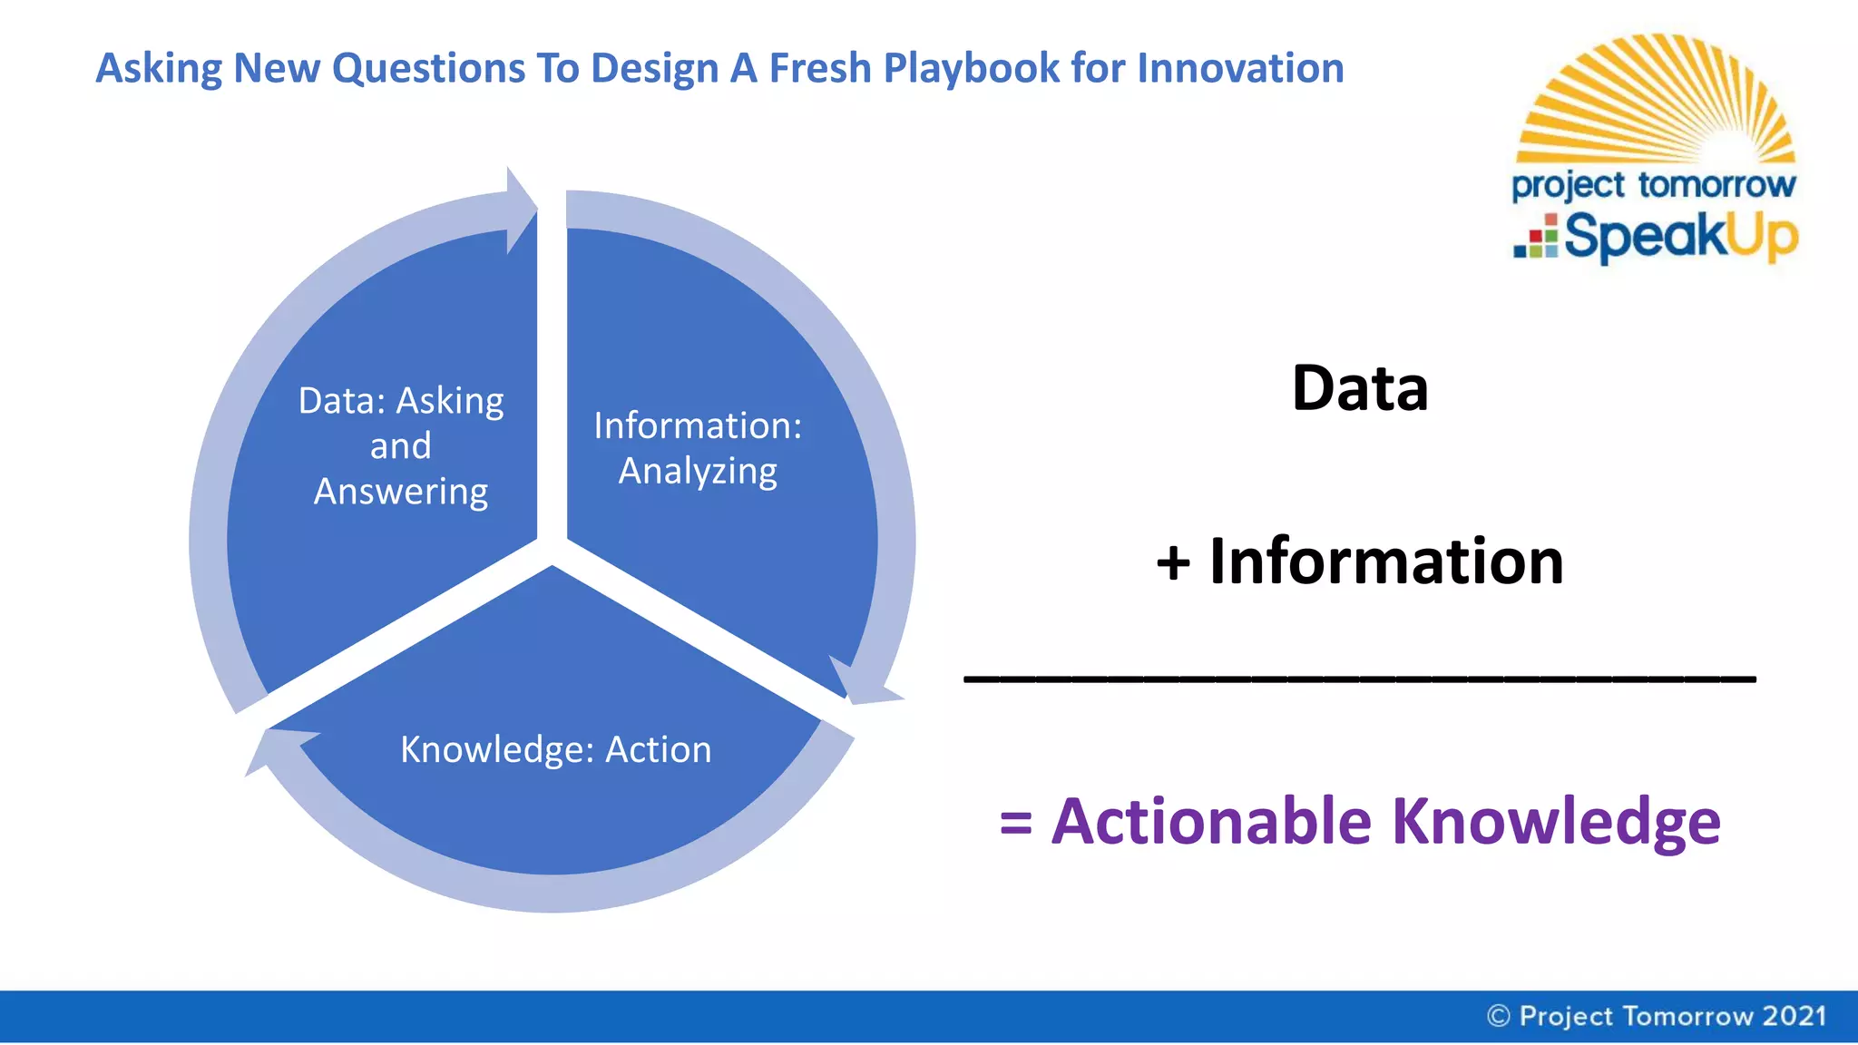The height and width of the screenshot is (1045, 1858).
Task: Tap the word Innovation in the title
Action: pyautogui.click(x=1240, y=69)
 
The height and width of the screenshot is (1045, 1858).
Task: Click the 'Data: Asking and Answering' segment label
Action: pyautogui.click(x=401, y=445)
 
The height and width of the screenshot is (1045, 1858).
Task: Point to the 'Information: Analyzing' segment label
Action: pyautogui.click(x=698, y=448)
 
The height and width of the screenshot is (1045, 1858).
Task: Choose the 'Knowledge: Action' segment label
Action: pyautogui.click(x=556, y=749)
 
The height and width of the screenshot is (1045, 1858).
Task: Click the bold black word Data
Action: pyautogui.click(x=1359, y=388)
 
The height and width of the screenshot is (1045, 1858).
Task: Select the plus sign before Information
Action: pyautogui.click(x=1173, y=562)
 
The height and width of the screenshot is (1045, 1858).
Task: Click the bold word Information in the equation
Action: pyautogui.click(x=1386, y=562)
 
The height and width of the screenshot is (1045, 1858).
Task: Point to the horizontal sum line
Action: pyautogui.click(x=1359, y=678)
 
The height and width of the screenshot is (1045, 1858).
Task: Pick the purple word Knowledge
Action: pyautogui.click(x=1556, y=821)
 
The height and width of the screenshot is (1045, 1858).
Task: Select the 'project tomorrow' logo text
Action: pyautogui.click(x=1653, y=185)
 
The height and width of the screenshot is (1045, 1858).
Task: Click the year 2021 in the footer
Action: pyautogui.click(x=1794, y=1016)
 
